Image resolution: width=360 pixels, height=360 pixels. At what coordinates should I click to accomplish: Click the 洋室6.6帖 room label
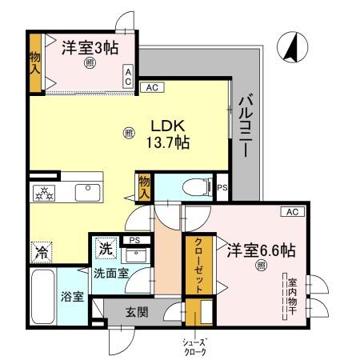(x=260, y=249)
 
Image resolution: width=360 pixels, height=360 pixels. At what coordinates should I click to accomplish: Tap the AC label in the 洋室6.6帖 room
(x=291, y=211)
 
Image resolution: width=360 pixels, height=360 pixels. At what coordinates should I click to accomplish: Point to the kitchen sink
(x=86, y=192)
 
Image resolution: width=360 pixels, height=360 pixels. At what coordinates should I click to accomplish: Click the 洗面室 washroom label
(x=110, y=273)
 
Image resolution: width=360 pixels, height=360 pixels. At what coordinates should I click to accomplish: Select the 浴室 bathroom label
(x=73, y=297)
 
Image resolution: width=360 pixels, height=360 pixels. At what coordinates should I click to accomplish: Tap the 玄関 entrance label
(x=137, y=312)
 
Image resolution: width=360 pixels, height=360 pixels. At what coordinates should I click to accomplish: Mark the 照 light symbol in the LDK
(x=129, y=134)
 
